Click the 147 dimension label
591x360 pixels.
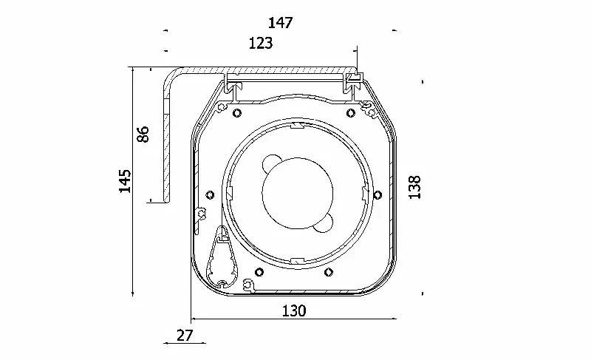[281, 23]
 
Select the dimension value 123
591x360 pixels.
[260, 44]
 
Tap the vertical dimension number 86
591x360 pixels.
[143, 134]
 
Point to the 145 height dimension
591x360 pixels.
[126, 181]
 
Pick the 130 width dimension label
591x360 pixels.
[294, 311]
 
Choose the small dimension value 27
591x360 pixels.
[185, 336]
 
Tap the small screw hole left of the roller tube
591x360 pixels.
[211, 195]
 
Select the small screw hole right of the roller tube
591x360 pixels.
[378, 195]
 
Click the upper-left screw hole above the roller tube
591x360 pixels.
[236, 112]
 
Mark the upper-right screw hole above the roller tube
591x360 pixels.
[350, 112]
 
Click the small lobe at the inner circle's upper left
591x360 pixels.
[272, 162]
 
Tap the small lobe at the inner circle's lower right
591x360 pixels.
[326, 223]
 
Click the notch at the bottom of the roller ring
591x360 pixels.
[294, 260]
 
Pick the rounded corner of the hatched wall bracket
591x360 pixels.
[171, 77]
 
